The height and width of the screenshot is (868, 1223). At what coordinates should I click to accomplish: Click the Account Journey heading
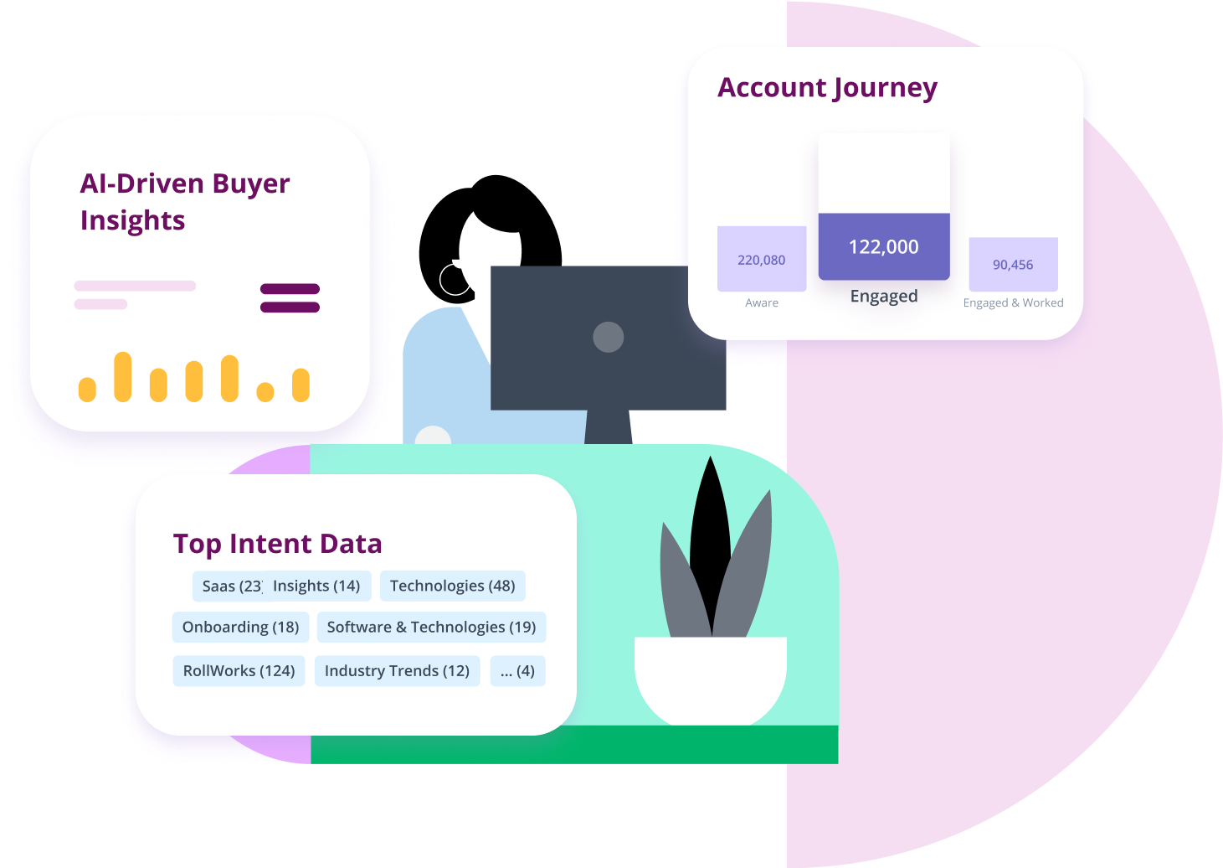click(x=827, y=88)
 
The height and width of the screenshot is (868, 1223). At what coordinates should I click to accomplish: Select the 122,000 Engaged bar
click(x=883, y=246)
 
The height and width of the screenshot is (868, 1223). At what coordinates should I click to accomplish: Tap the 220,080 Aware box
click(x=762, y=259)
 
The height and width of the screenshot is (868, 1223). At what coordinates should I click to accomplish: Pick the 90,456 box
click(x=1013, y=264)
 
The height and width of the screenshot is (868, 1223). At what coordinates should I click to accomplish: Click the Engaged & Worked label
click(x=1013, y=303)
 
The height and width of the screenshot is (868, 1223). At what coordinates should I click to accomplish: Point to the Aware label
click(x=762, y=303)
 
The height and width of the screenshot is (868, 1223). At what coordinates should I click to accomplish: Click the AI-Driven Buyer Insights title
click(x=184, y=201)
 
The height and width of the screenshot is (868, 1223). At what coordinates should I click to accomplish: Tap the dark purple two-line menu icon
click(x=290, y=298)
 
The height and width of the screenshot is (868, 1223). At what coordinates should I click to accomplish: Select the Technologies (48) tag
click(x=452, y=586)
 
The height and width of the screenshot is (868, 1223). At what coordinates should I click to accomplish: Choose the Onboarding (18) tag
click(x=240, y=627)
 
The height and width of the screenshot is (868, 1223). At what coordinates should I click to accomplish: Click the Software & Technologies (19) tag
click(x=431, y=627)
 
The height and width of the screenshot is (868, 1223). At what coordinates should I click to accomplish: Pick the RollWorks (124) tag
click(x=239, y=670)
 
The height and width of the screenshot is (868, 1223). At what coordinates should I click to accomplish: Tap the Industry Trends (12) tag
click(x=397, y=670)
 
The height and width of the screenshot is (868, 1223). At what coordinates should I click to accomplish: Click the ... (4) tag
click(x=517, y=670)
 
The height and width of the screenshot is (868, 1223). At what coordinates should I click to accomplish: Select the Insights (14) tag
click(x=316, y=586)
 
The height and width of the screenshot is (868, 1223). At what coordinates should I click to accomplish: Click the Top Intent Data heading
click(x=277, y=544)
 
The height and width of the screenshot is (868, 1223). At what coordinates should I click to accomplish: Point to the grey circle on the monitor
click(x=609, y=337)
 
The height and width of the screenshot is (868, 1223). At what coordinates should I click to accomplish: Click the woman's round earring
click(x=454, y=280)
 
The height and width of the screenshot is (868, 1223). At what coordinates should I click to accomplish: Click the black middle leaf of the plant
click(x=711, y=536)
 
